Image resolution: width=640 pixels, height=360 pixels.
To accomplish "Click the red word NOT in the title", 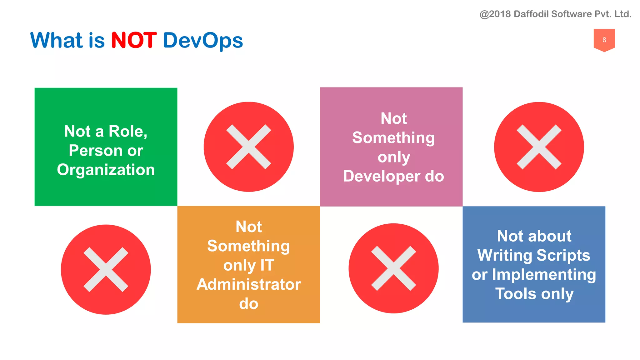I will pyautogui.click(x=134, y=40).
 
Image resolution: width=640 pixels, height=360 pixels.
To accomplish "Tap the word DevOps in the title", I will pyautogui.click(x=203, y=41).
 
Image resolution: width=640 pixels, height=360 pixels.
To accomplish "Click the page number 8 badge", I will pyautogui.click(x=604, y=40).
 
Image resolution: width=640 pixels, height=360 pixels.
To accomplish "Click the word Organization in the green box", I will pyautogui.click(x=106, y=170).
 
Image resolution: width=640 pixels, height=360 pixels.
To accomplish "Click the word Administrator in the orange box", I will pyautogui.click(x=248, y=284).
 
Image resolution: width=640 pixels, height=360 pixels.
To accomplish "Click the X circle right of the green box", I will pyautogui.click(x=248, y=147).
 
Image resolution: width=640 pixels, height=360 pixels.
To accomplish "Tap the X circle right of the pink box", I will pyautogui.click(x=539, y=147).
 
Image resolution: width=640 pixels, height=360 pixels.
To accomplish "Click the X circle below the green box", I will pyautogui.click(x=106, y=269).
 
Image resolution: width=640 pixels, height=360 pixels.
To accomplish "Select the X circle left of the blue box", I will pyautogui.click(x=393, y=268).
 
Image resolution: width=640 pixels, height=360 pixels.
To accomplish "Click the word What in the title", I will pyautogui.click(x=57, y=40).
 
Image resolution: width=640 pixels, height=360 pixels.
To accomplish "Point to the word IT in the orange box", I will pyautogui.click(x=267, y=265).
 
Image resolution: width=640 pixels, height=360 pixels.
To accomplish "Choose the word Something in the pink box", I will pyautogui.click(x=393, y=138).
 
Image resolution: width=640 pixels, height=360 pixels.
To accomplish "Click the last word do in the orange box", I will pyautogui.click(x=248, y=304).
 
